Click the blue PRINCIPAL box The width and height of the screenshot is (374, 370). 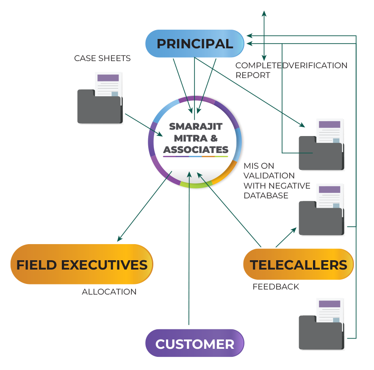(195, 44)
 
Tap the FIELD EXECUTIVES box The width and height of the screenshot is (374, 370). (82, 264)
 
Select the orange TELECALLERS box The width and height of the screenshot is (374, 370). (298, 264)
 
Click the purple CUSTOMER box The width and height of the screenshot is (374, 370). (195, 344)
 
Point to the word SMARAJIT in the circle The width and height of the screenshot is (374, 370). (196, 126)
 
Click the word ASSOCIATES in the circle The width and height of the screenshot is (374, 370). (196, 150)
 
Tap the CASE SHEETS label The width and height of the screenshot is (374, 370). (102, 58)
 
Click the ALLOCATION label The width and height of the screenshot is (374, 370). (109, 292)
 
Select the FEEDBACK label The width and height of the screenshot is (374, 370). (276, 287)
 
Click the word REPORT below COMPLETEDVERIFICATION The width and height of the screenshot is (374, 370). (253, 75)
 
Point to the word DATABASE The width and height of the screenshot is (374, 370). (266, 195)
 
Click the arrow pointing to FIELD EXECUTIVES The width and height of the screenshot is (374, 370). (144, 207)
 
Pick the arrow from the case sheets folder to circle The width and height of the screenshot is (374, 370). (144, 125)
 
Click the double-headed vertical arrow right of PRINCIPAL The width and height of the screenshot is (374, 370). (264, 36)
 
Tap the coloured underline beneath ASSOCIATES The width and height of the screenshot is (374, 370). (196, 156)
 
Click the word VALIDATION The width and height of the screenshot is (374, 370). (269, 175)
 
